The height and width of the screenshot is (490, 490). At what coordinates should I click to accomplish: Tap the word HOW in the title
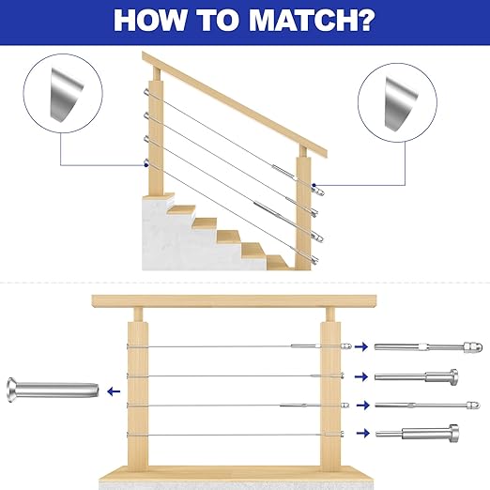150,21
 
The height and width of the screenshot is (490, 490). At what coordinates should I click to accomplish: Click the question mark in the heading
365,21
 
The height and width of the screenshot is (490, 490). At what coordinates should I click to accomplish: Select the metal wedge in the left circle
67,95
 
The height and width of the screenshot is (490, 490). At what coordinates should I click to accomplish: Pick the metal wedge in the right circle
401,104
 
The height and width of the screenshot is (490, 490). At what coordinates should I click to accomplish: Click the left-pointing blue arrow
114,391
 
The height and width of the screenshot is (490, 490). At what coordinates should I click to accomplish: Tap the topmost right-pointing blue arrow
361,346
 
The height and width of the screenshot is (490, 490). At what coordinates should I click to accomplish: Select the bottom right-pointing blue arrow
363,433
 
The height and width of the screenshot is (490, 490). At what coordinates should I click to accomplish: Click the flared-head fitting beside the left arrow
53,390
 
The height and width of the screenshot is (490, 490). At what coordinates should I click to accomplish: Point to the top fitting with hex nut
428,347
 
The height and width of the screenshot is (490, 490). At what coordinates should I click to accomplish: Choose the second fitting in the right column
417,376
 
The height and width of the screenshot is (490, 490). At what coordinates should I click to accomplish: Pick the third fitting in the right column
427,406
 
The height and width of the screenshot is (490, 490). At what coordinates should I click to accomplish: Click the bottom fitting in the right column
418,434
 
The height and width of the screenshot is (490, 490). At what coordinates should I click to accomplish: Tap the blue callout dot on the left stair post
146,165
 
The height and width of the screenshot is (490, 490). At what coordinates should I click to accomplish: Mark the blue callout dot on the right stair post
314,185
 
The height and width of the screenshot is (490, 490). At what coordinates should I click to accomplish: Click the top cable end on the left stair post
146,92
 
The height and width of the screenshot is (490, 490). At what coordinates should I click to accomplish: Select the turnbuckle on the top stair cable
283,171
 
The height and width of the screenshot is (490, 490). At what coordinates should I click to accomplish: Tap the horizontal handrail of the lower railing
234,300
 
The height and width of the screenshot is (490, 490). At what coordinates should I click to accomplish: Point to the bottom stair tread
278,262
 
